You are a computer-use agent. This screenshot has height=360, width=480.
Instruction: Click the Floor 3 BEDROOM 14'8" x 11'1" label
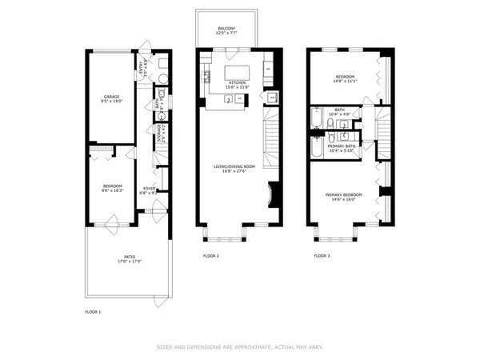pyautogui.click(x=345, y=78)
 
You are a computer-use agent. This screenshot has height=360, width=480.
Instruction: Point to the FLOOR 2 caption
pyautogui.click(x=210, y=256)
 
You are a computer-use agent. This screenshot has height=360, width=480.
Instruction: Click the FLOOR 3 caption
pyautogui.click(x=321, y=256)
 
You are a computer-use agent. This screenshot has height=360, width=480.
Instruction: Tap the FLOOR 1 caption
pyautogui.click(x=94, y=310)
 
